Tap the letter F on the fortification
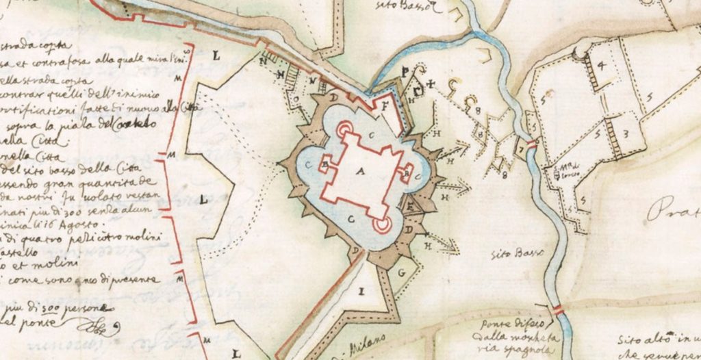pyautogui.click(x=384, y=107)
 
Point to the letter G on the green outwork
pyautogui.click(x=400, y=272)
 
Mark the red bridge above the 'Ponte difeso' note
pyautogui.click(x=559, y=310)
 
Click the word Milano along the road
pyautogui.click(x=368, y=342)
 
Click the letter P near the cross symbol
pyautogui.click(x=407, y=70)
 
